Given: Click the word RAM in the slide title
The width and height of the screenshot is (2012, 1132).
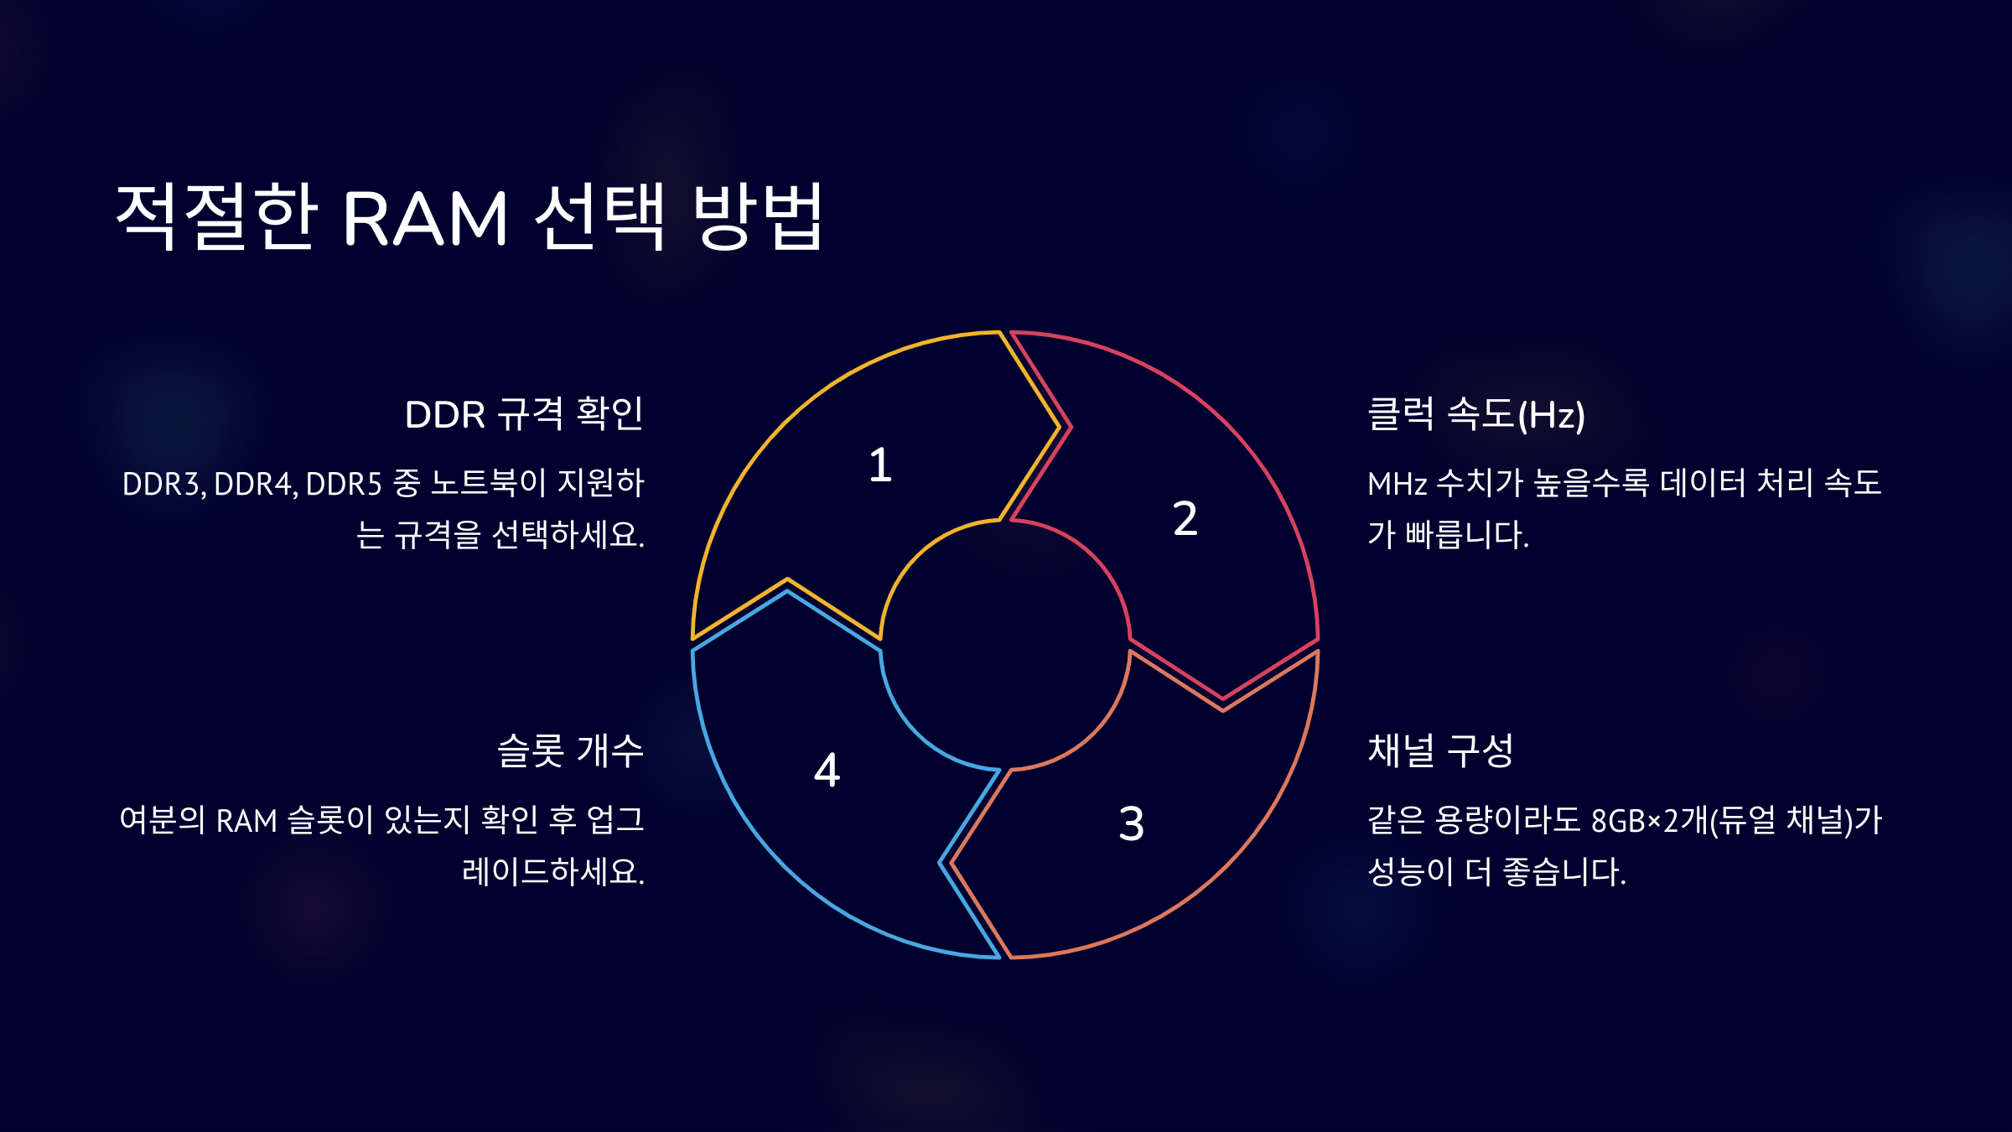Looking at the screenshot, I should (425, 219).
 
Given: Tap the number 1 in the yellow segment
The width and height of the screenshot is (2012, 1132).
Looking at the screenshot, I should (879, 465).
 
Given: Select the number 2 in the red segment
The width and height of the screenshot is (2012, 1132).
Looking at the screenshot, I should (1185, 518).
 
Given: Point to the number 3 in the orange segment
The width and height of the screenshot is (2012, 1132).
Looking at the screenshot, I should (1131, 823).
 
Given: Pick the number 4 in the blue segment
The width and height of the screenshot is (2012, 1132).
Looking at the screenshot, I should (827, 770).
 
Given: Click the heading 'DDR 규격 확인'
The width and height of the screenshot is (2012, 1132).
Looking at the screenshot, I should (524, 414).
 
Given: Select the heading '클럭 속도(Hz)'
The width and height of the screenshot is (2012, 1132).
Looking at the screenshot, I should (1476, 414).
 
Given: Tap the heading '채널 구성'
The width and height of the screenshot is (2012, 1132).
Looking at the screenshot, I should (1440, 750).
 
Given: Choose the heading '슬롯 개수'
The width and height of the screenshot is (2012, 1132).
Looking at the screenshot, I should (570, 750).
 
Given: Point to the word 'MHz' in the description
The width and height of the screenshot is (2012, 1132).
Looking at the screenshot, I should (1397, 485).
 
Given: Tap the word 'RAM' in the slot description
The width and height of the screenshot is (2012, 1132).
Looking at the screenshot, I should (246, 821).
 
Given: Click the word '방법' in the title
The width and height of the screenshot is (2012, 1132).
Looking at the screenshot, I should (759, 217).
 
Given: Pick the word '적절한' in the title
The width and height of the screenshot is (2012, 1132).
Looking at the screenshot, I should (216, 217).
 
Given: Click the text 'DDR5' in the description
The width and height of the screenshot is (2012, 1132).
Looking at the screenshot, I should (344, 485).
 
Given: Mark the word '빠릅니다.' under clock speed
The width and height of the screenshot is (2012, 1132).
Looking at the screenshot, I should (1467, 535).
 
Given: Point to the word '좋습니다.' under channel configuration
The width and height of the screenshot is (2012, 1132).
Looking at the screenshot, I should (1564, 872).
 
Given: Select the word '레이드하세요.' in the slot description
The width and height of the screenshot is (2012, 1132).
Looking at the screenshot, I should (553, 872).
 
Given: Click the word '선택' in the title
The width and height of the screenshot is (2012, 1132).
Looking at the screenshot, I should (600, 217).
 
